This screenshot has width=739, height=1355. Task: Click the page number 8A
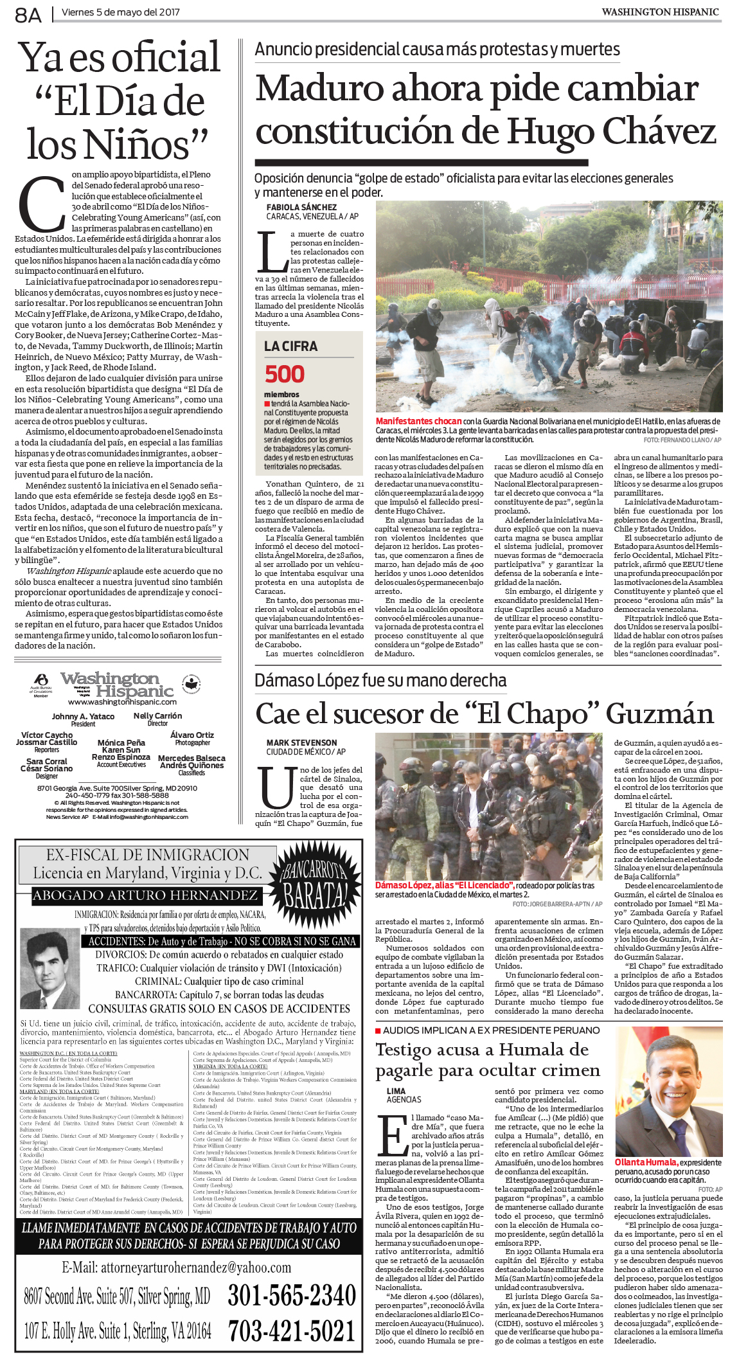pos(28,15)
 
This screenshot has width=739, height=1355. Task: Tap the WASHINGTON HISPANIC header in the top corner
pos(660,12)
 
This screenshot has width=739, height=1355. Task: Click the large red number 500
pos(285,374)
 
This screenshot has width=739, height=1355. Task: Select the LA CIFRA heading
pos(290,346)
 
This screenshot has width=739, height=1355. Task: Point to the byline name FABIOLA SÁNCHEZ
pos(301,207)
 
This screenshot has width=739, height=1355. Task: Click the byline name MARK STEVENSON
pos(301,742)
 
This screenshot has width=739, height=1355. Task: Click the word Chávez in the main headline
pos(660,132)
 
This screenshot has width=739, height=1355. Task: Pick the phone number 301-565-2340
pos(291,1295)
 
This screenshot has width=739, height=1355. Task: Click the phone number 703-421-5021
pos(291,1330)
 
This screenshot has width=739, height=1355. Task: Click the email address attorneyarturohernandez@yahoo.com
pos(176,1267)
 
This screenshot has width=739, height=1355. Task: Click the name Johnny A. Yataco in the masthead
pos(83,716)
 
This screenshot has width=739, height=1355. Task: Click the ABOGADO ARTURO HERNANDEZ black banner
pos(145,895)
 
